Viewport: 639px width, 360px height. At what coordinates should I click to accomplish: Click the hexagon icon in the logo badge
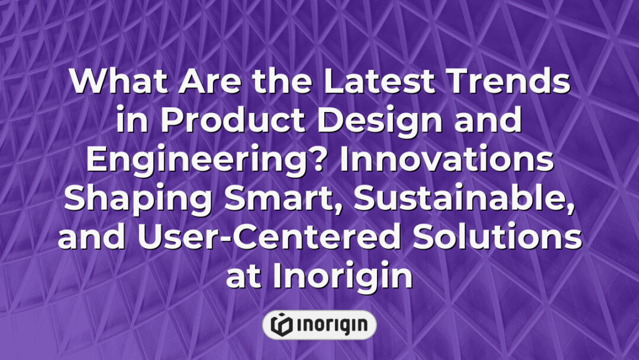pyautogui.click(x=279, y=324)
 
